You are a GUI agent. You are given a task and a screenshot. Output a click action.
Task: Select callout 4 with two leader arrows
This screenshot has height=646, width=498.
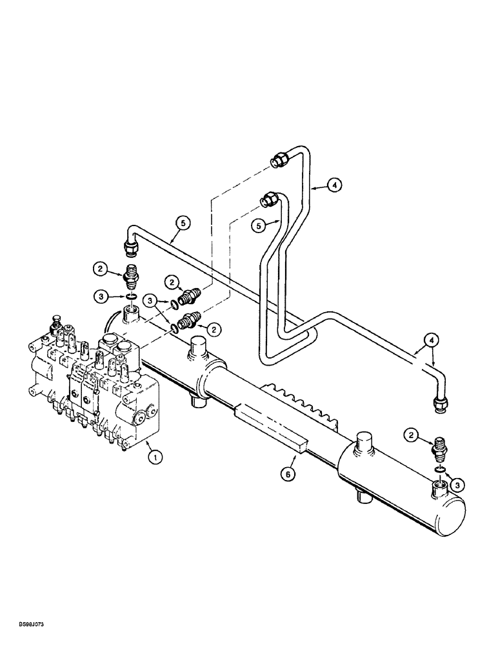(x=430, y=339)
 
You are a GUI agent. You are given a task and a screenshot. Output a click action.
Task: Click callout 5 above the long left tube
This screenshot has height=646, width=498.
(x=183, y=224)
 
